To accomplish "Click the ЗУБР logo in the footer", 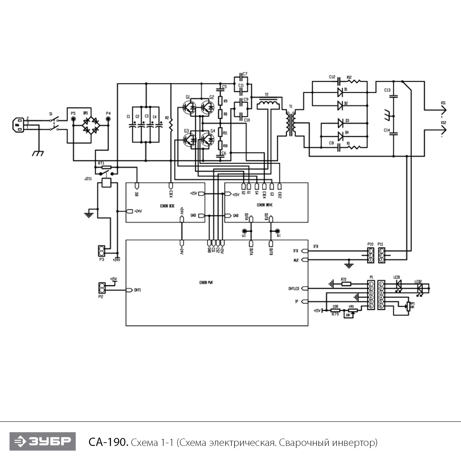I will point(42,441).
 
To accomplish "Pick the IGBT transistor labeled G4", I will point(208,140).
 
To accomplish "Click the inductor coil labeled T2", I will point(268,104).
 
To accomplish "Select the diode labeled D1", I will point(340,91).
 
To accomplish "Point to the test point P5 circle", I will point(73,119).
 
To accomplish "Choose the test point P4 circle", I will point(108,119).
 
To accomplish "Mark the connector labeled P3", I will point(102,251).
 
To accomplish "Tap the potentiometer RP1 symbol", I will point(408,306).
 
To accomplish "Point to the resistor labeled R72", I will point(346,284).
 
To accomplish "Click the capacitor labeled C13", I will point(394,97).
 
